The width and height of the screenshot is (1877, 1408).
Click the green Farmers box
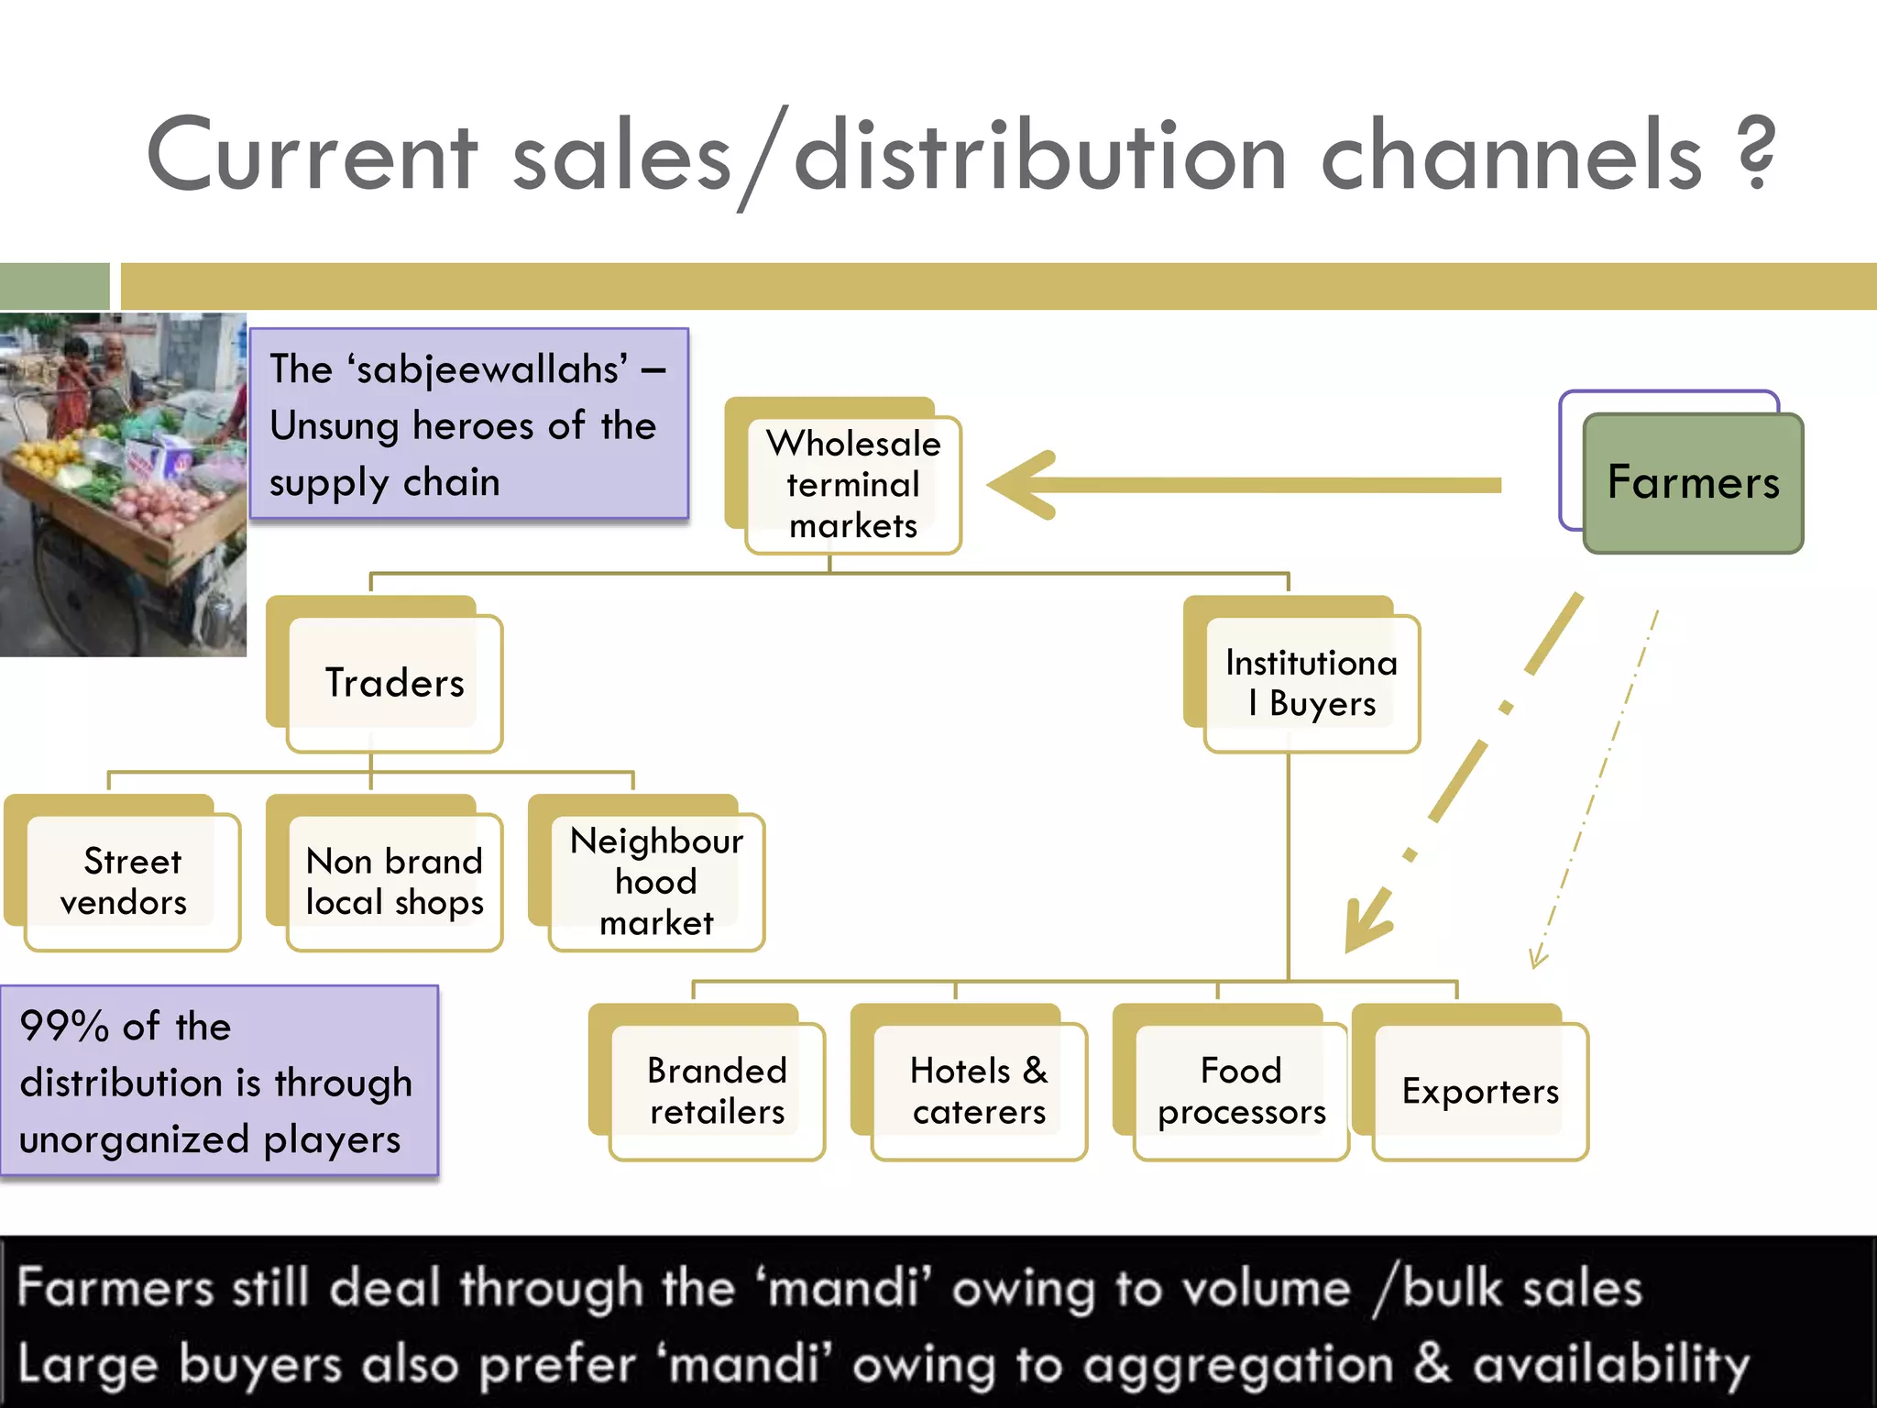[1693, 483]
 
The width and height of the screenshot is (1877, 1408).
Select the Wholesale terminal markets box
[852, 484]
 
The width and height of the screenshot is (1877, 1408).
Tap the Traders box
[394, 683]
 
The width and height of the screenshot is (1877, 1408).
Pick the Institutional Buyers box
[1312, 683]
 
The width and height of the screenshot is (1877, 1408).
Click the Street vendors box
[132, 882]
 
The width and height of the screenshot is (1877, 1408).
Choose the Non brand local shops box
[394, 882]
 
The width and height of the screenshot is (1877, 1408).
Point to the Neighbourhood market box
[656, 882]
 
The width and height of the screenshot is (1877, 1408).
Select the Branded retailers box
[717, 1091]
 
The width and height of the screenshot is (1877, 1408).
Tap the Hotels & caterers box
[979, 1091]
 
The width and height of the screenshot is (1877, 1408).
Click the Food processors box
[1241, 1091]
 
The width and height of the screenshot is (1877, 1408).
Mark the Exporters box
[1480, 1091]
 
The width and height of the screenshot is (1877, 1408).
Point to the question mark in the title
[1755, 154]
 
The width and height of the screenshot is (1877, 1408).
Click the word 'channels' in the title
[1510, 156]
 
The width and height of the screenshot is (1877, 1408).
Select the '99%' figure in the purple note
[64, 1026]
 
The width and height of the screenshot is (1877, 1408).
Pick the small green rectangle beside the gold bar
[54, 286]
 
